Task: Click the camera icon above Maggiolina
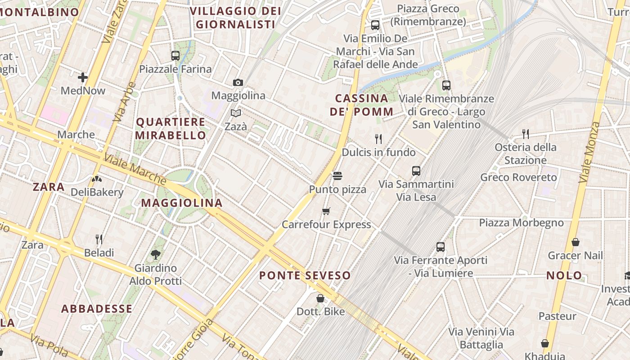point(238,82)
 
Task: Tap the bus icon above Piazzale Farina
point(175,56)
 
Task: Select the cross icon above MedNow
point(83,77)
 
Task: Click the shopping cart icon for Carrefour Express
point(326,211)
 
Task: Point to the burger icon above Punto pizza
point(337,175)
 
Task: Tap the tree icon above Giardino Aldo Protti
point(156,255)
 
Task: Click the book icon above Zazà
point(236,113)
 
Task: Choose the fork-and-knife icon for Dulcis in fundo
point(378,139)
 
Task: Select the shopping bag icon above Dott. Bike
point(320,298)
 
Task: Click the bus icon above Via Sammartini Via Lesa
point(416,171)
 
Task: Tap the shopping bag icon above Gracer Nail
point(575,242)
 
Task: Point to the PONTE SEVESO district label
point(305,275)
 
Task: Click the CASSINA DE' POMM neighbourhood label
point(362,105)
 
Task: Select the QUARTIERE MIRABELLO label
point(171,128)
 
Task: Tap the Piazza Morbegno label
point(521,223)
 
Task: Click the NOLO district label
point(564,275)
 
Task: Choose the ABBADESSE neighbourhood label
point(97,309)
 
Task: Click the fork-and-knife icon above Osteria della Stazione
point(525,133)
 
